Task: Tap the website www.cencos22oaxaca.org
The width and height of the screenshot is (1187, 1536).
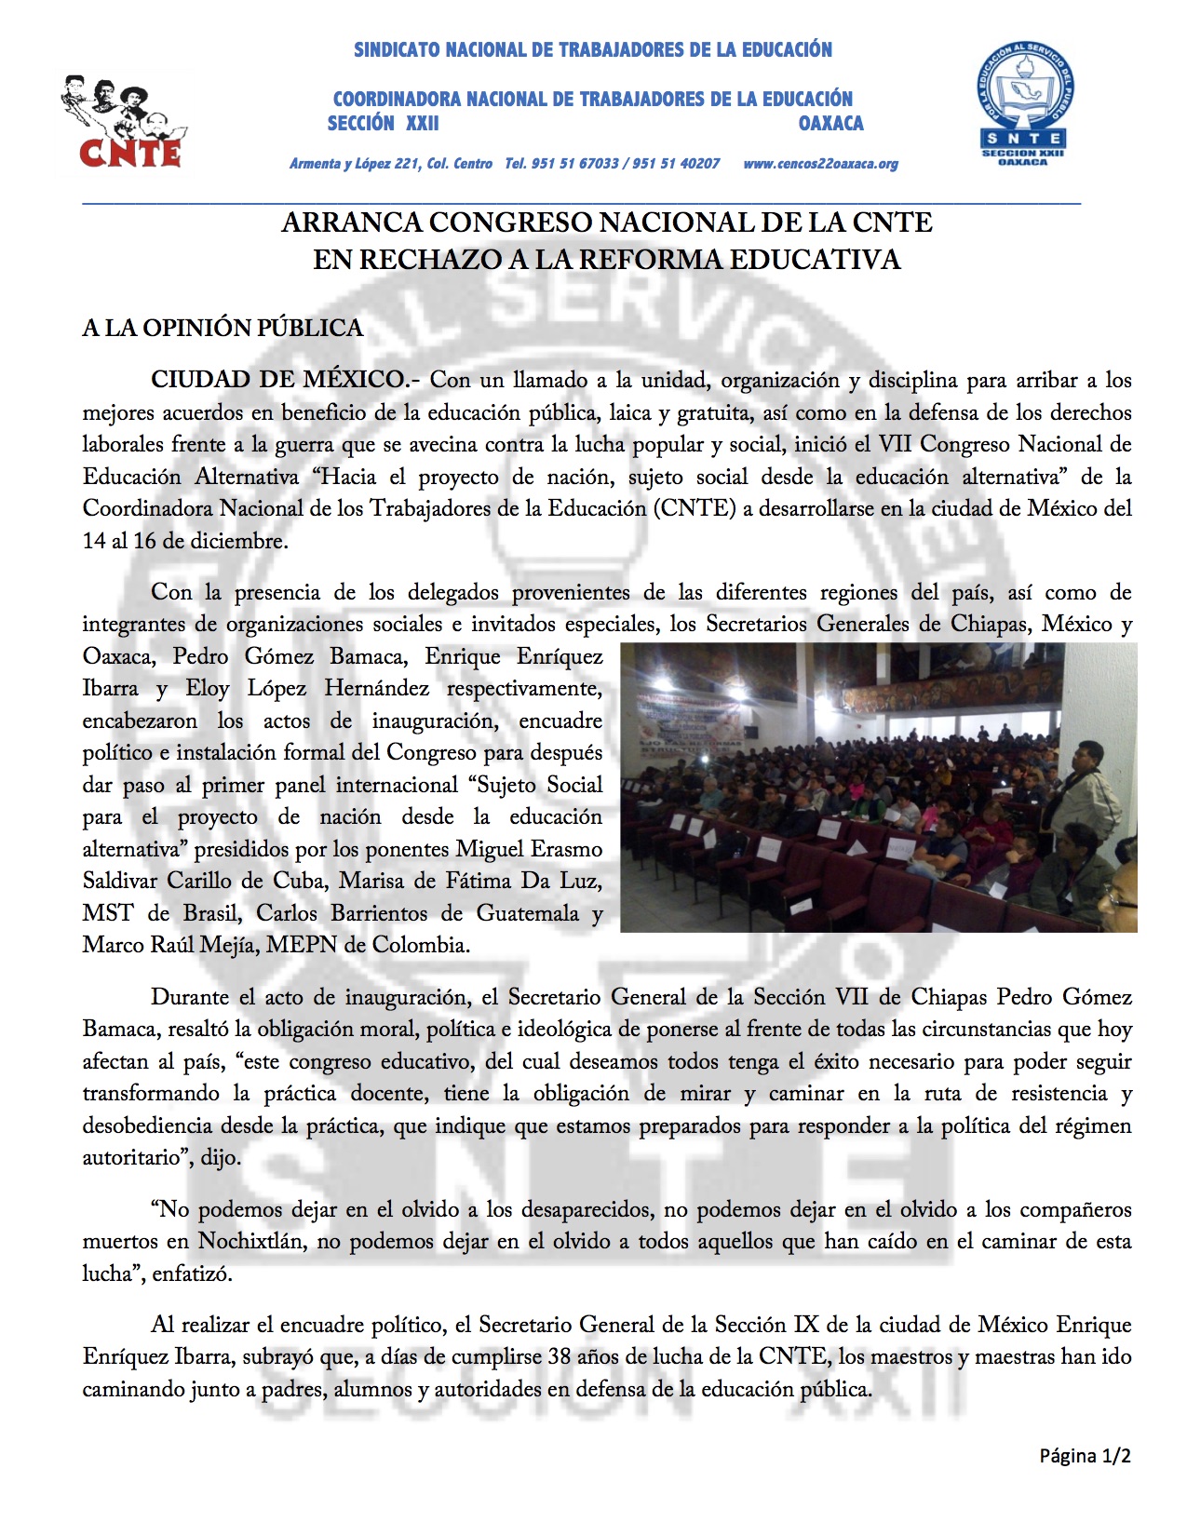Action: pyautogui.click(x=820, y=164)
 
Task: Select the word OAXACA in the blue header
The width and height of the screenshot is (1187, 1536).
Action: pyautogui.click(x=830, y=123)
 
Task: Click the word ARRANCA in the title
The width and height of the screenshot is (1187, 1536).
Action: pyautogui.click(x=350, y=223)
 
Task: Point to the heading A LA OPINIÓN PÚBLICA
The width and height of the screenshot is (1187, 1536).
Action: pyautogui.click(x=223, y=328)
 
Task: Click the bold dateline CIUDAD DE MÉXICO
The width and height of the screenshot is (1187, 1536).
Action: pyautogui.click(x=278, y=380)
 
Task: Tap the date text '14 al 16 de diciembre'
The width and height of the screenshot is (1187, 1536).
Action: pyautogui.click(x=184, y=541)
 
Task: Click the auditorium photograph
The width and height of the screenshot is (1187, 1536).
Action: pyautogui.click(x=878, y=788)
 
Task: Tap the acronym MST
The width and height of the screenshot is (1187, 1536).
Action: pyautogui.click(x=108, y=913)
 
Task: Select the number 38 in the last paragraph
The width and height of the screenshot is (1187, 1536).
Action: pyautogui.click(x=560, y=1356)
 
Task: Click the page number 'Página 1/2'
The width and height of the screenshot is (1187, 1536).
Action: pyautogui.click(x=1085, y=1456)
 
